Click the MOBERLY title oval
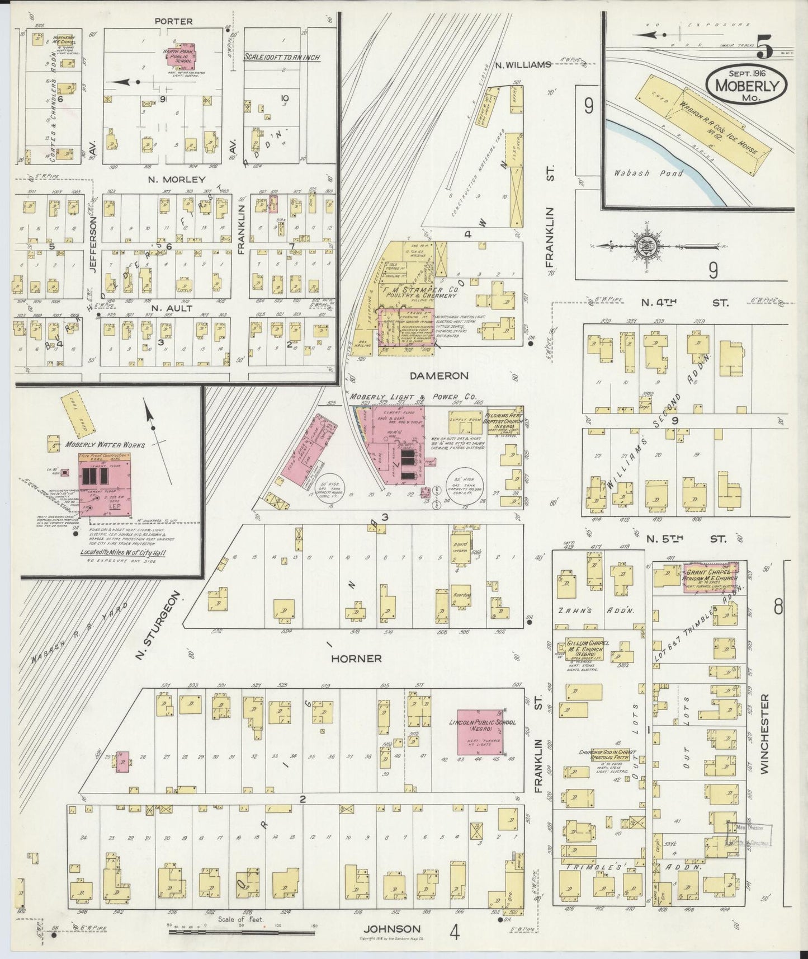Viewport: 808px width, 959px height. coord(748,85)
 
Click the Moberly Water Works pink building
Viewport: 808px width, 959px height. coord(104,484)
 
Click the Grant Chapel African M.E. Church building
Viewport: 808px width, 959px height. coord(710,578)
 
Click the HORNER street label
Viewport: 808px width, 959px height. coord(356,659)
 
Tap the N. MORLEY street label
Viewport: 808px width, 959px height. coord(170,180)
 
